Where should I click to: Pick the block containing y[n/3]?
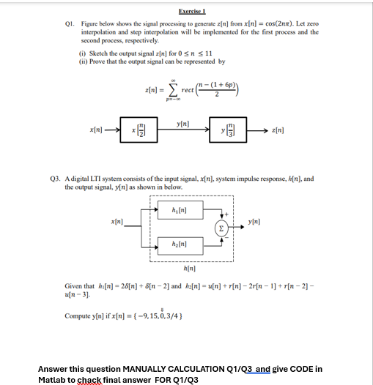click(228, 131)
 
